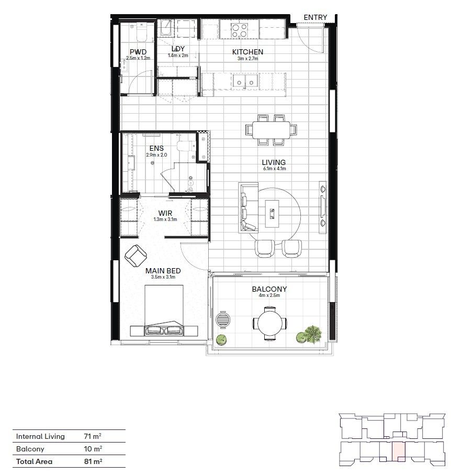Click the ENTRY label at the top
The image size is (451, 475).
315,17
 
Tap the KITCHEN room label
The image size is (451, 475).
247,52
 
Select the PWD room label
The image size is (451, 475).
138,52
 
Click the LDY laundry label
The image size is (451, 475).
178,49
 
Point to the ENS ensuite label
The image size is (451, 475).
156,149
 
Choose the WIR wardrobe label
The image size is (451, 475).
165,214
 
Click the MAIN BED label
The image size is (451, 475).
163,271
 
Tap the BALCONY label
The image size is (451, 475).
269,289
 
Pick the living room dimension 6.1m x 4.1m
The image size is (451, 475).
274,169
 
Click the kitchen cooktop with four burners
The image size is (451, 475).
240,30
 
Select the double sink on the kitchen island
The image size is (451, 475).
245,81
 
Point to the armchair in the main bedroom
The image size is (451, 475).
137,256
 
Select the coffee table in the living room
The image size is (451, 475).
273,213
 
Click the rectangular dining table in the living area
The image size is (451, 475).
272,129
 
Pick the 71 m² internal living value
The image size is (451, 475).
93,436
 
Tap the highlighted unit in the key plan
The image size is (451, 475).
398,451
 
